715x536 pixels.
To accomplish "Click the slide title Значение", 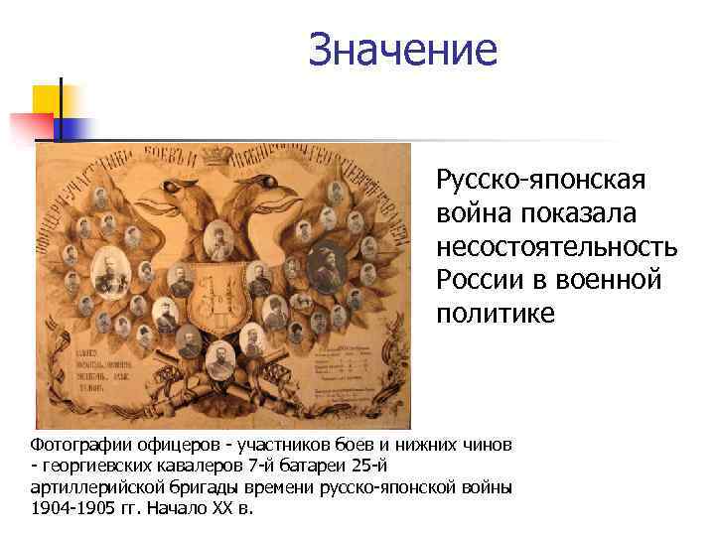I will click(x=402, y=50).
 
